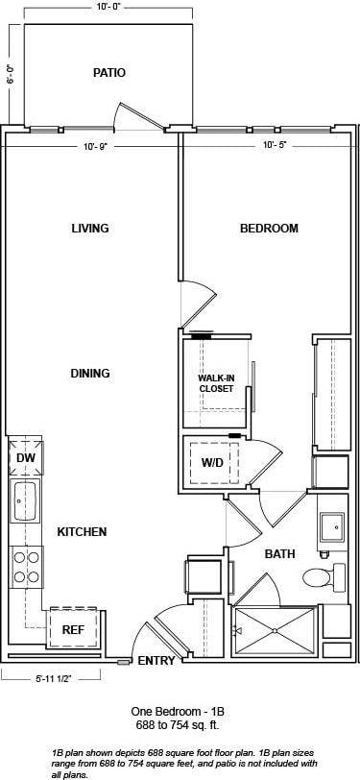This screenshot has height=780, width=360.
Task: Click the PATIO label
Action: coord(109,72)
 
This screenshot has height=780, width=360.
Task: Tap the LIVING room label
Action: coord(89,229)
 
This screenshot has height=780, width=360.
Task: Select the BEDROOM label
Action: coord(269,229)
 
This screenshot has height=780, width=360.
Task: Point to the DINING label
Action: coord(89,373)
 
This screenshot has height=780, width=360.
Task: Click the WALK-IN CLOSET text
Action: coord(217,383)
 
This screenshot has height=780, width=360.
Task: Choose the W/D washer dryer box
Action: coord(212,463)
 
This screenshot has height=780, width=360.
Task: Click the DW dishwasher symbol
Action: coord(25,458)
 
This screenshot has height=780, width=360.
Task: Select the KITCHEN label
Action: coord(82,531)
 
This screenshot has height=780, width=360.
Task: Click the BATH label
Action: coord(279,554)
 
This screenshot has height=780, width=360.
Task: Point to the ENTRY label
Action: coord(156,661)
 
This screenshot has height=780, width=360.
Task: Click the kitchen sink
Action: coord(25,500)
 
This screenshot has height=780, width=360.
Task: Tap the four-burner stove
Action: coord(26,566)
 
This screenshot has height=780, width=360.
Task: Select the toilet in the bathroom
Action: coord(320,577)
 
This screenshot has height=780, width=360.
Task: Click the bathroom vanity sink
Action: coord(332,526)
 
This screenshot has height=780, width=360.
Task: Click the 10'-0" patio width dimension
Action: coord(108,8)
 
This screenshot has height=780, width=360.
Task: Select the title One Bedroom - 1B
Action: coord(180,711)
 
